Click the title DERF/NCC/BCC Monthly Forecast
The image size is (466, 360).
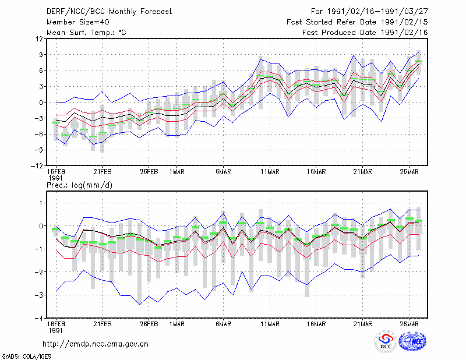[x=109, y=12]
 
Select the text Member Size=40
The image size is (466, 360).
[x=78, y=22]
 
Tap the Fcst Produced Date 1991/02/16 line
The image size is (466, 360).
[x=365, y=33]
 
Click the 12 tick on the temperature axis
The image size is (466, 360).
[x=40, y=38]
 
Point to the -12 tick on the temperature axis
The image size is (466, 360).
[x=37, y=166]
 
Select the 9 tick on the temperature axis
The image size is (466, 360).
[x=41, y=55]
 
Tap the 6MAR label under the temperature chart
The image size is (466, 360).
[x=223, y=172]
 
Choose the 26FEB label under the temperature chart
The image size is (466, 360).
[x=149, y=172]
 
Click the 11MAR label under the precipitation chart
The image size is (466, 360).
[x=270, y=324]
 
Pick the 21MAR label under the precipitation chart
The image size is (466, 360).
[x=362, y=324]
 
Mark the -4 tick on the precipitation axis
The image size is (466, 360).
[x=38, y=319]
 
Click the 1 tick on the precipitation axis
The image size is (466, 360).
[x=41, y=203]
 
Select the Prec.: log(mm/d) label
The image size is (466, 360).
[x=79, y=185]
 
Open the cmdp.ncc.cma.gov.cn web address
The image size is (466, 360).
[x=96, y=344]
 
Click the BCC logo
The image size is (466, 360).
[x=386, y=341]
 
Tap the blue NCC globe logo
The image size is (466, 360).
[x=413, y=341]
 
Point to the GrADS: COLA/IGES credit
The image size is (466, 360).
[x=27, y=357]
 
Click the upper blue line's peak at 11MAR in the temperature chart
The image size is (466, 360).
[x=260, y=59]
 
